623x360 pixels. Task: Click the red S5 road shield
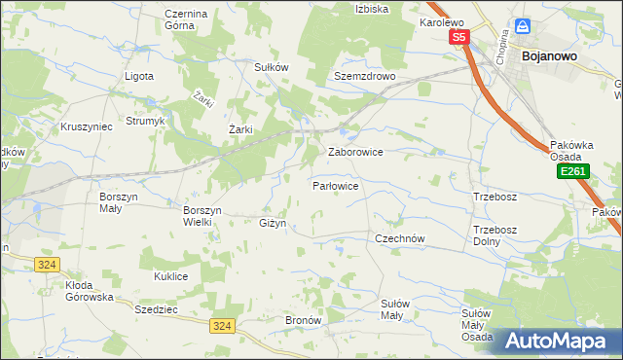pos(459,37)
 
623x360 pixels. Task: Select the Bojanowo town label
pos(550,56)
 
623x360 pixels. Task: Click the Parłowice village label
pos(337,185)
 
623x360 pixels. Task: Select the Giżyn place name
pos(272,223)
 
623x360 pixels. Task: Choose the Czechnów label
pos(402,237)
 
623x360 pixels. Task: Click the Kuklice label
pos(170,276)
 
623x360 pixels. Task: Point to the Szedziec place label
pos(156,306)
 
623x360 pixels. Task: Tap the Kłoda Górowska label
pos(90,291)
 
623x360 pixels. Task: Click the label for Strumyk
pos(146,124)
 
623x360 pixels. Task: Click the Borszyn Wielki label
pos(203,215)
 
